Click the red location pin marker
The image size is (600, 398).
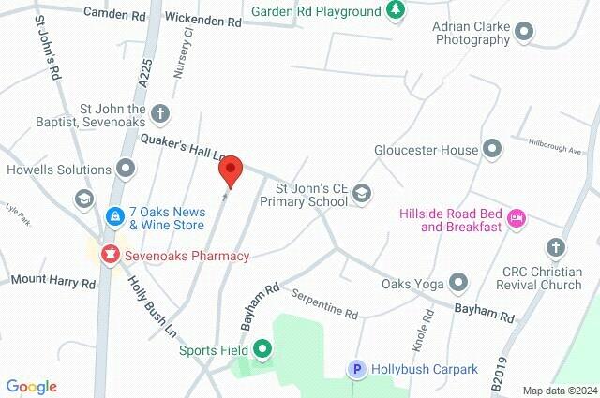click(x=231, y=170)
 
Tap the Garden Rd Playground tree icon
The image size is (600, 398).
click(x=397, y=11)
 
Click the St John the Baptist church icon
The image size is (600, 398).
click(x=160, y=113)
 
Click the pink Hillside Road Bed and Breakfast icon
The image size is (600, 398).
click(x=516, y=218)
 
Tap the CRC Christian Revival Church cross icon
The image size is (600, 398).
click(x=557, y=248)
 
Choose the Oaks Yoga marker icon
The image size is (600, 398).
click(x=458, y=281)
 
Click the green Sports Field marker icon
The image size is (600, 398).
click(x=263, y=351)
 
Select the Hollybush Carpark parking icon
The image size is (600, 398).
click(x=356, y=370)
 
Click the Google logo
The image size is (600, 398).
click(x=31, y=387)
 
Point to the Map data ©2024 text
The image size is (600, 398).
click(x=559, y=391)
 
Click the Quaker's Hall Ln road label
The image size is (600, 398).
click(x=185, y=145)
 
